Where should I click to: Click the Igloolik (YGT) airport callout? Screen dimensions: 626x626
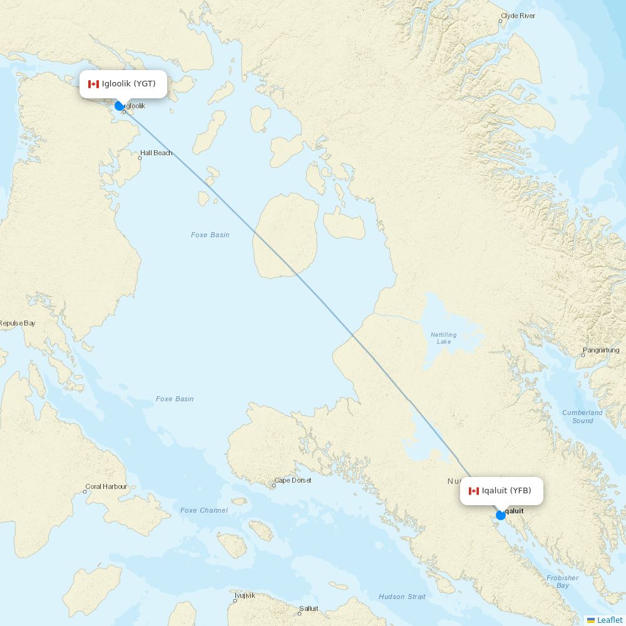click(123, 84)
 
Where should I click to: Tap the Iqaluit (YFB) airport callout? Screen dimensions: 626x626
click(501, 491)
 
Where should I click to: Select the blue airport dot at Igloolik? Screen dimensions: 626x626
click(120, 106)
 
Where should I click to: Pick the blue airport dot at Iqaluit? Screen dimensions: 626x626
click(501, 515)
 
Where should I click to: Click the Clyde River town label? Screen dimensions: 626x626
click(518, 16)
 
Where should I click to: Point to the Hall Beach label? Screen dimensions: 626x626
click(156, 153)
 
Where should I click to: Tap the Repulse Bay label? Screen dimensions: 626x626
click(17, 323)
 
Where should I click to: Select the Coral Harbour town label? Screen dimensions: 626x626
click(106, 486)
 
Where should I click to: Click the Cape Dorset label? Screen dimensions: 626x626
click(292, 481)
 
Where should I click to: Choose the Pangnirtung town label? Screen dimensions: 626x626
click(601, 351)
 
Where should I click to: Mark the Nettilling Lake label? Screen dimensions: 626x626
click(443, 338)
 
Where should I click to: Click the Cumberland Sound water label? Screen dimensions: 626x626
click(582, 416)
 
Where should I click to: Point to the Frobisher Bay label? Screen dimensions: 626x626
click(562, 582)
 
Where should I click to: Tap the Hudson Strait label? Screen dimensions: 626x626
click(402, 597)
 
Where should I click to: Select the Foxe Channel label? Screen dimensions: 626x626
click(204, 510)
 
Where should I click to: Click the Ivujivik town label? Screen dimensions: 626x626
click(245, 595)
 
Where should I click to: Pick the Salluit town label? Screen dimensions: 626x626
click(308, 608)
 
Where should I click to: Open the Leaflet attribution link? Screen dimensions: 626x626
click(609, 620)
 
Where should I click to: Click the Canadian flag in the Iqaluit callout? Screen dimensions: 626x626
click(473, 491)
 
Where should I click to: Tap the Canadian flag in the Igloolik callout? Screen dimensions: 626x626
click(93, 84)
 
